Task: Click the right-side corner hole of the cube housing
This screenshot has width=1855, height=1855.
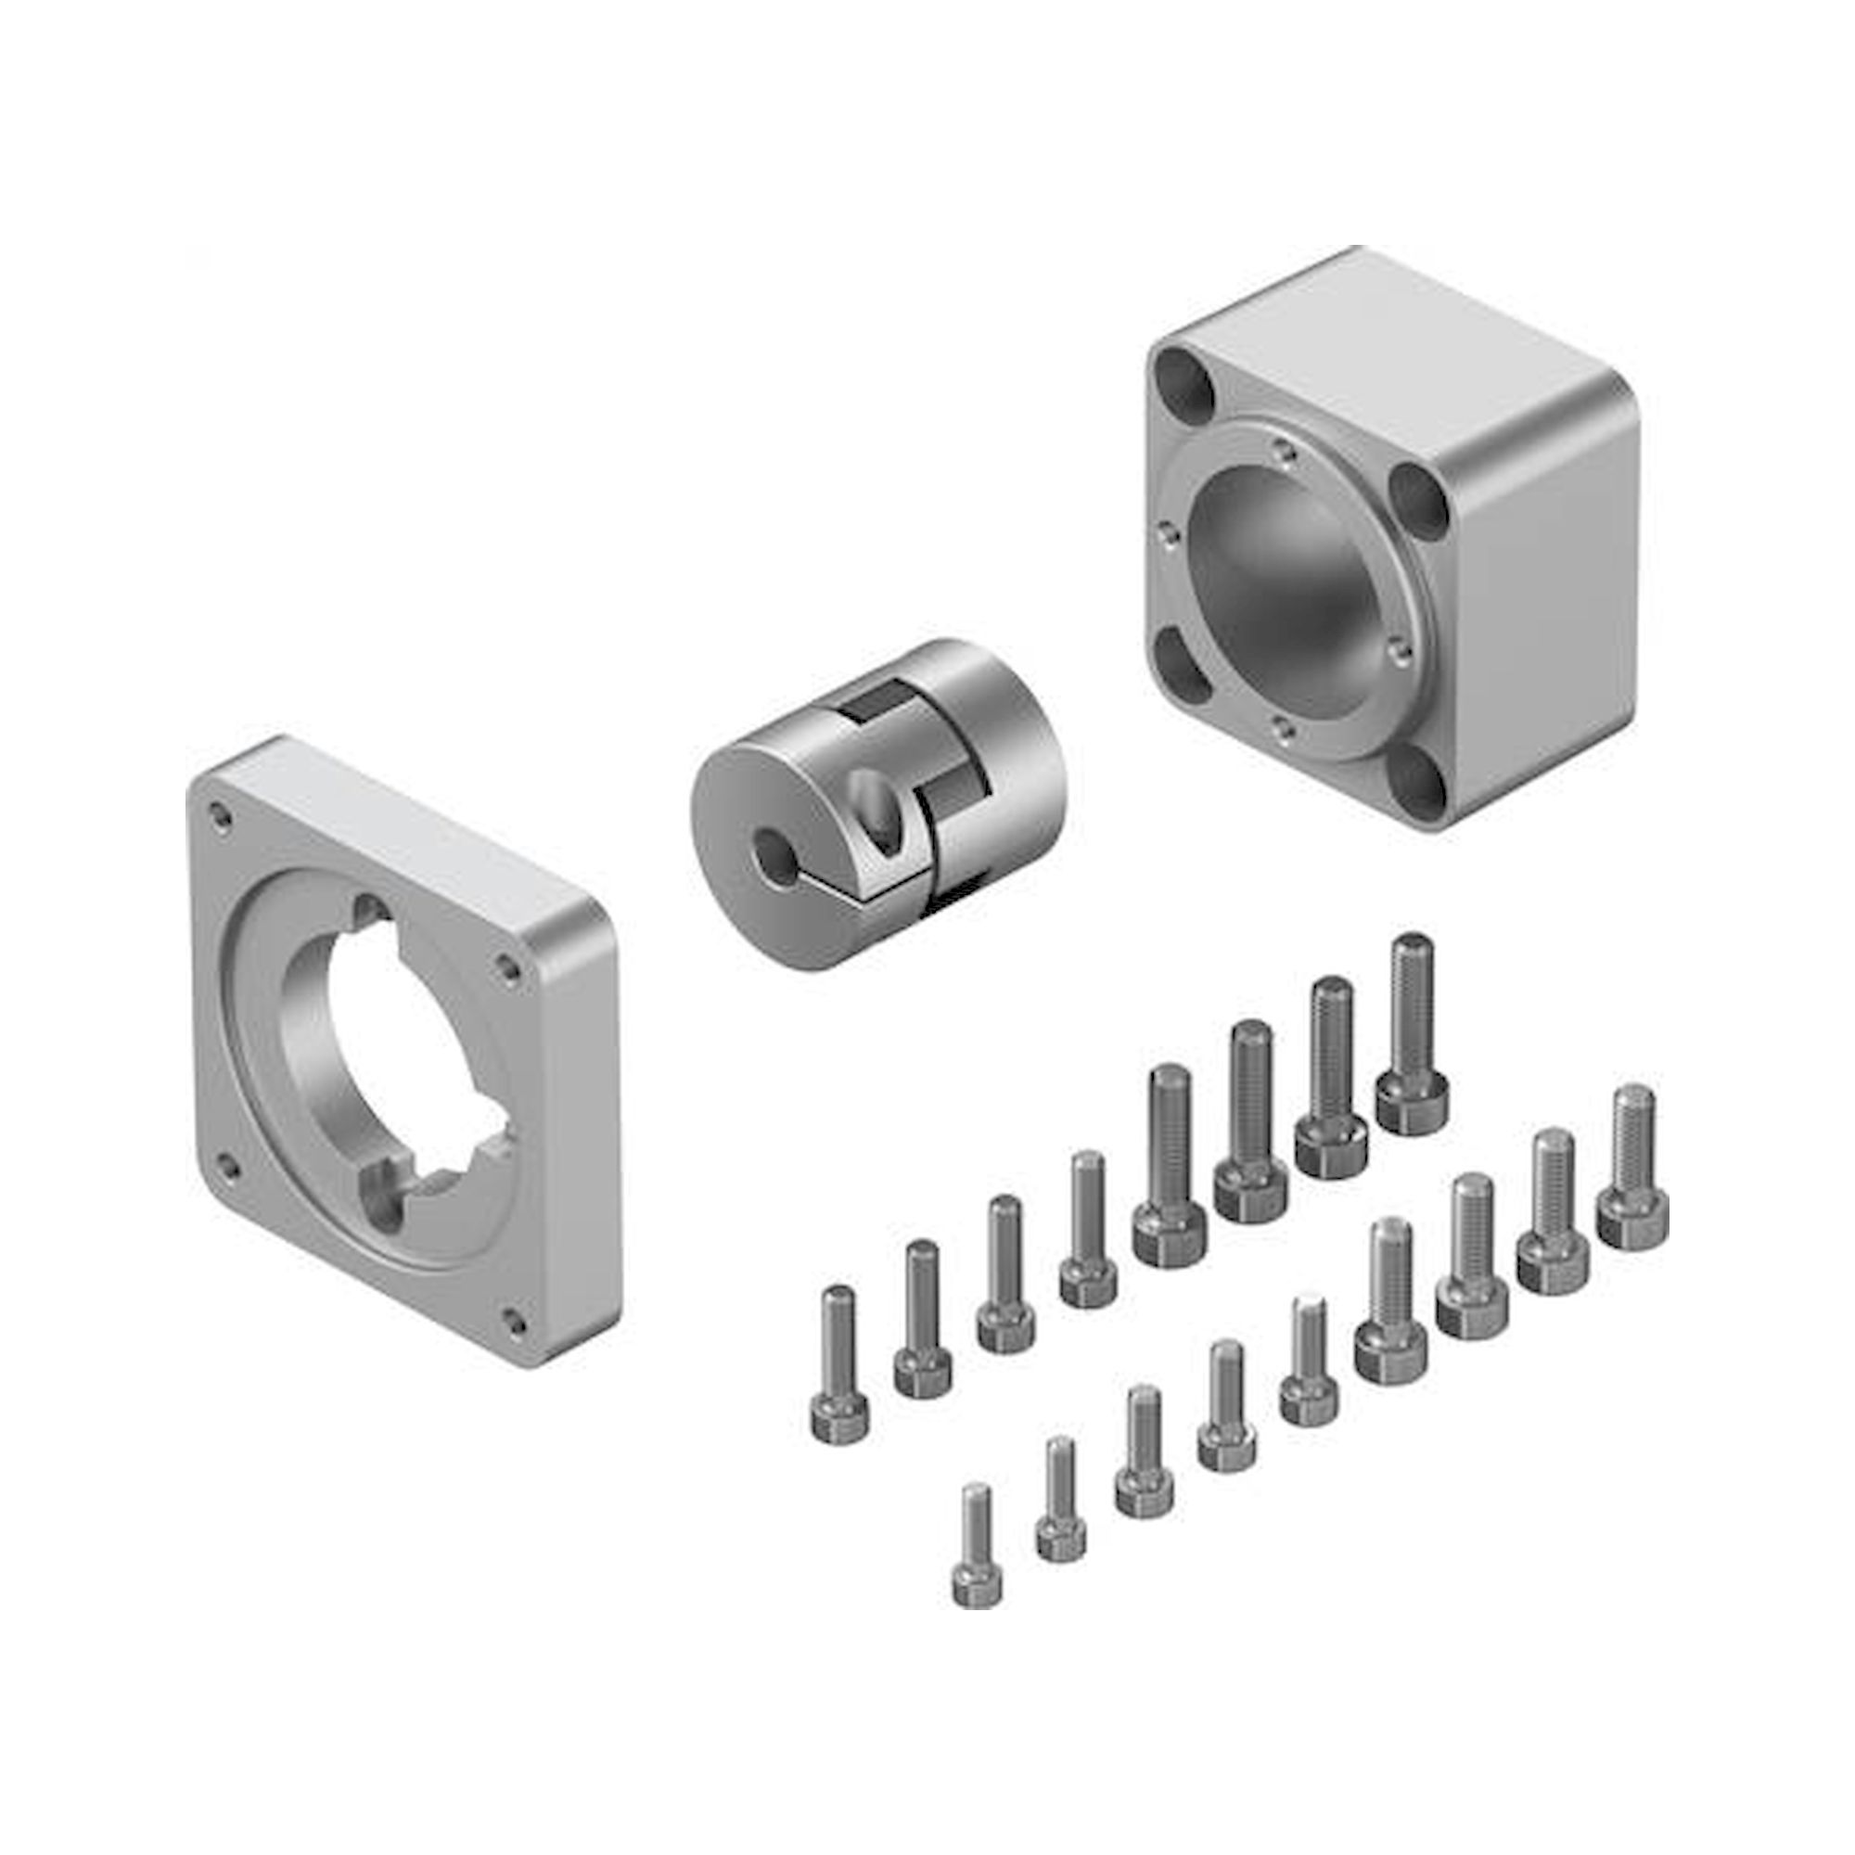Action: click(x=1418, y=501)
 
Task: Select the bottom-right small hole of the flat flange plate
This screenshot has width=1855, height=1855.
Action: click(x=515, y=1321)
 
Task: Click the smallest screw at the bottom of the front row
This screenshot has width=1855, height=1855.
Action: click(x=978, y=1559)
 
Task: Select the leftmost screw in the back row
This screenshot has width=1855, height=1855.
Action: click(x=840, y=1363)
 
